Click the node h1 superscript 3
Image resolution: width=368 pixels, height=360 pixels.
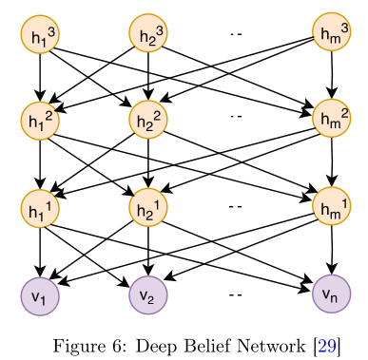pos(40,34)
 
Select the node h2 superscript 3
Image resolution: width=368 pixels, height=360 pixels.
pos(148,32)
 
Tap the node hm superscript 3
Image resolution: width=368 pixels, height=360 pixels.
pos(332,31)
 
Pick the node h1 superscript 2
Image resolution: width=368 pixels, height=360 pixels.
pos(40,121)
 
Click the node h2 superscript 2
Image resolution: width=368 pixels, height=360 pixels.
pos(148,120)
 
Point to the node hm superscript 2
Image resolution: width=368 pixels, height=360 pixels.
pos(332,118)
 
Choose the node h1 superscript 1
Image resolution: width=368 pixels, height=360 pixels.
pos(40,208)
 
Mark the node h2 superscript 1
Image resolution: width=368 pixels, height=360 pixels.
pos(148,207)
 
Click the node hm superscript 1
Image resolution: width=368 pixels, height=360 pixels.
pos(332,206)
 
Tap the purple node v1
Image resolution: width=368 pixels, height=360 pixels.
pos(40,296)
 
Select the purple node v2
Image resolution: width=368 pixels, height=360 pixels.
pos(148,295)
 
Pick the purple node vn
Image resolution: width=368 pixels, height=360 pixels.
pos(332,294)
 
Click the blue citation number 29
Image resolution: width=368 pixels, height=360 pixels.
pos(327,345)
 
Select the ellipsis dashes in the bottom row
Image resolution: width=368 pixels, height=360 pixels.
pos(236,295)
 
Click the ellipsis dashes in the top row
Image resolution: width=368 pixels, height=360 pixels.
pos(236,33)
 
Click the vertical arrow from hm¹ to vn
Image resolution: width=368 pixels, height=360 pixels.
pos(332,250)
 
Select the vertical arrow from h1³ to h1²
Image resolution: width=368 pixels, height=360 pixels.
pos(40,77)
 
